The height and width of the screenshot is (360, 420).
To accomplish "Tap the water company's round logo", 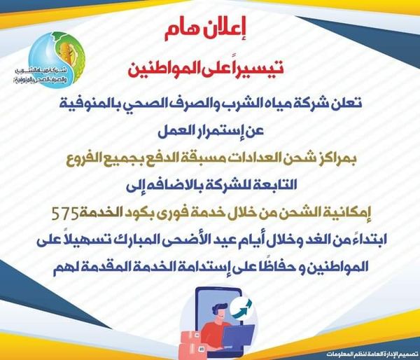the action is pos(57,60).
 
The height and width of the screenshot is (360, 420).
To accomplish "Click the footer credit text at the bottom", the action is pos(372,354).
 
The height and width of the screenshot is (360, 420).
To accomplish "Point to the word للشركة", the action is pos(230,186).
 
